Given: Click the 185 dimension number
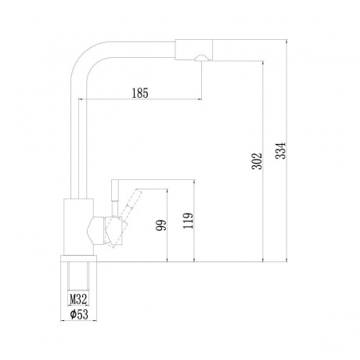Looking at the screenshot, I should click(142, 92).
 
